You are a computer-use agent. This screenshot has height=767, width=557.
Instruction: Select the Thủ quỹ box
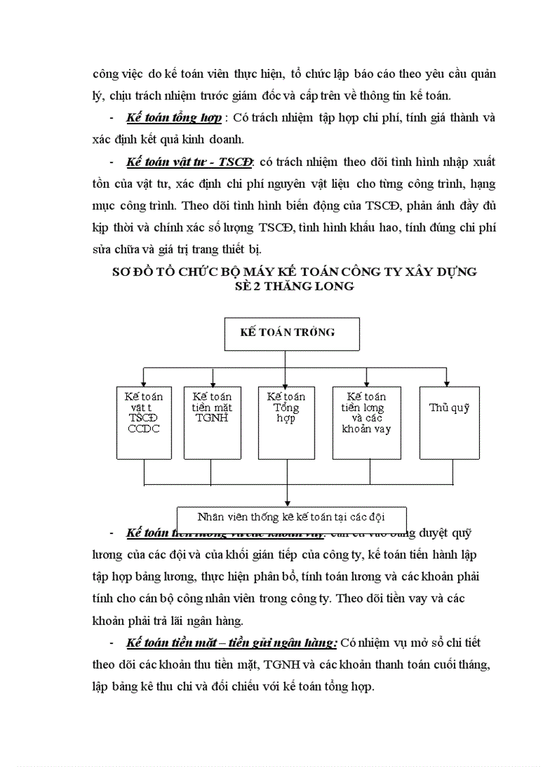tap(449, 422)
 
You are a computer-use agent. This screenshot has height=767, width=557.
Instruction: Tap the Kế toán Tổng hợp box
tap(286, 422)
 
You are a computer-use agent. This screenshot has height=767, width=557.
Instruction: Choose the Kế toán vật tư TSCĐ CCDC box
tap(144, 422)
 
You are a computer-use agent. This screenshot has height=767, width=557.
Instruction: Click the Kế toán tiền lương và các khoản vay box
tap(367, 422)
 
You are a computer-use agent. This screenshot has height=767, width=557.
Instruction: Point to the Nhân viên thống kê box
tap(291, 516)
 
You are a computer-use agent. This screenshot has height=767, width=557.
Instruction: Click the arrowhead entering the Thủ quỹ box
tap(447, 383)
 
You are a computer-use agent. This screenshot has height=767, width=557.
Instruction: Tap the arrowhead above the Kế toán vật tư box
tap(143, 383)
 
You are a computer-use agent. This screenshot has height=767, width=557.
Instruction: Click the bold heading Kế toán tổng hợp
tap(173, 117)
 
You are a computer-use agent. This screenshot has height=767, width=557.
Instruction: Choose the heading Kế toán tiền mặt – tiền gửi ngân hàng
tap(231, 643)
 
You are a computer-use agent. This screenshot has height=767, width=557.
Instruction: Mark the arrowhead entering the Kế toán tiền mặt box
tap(214, 383)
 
